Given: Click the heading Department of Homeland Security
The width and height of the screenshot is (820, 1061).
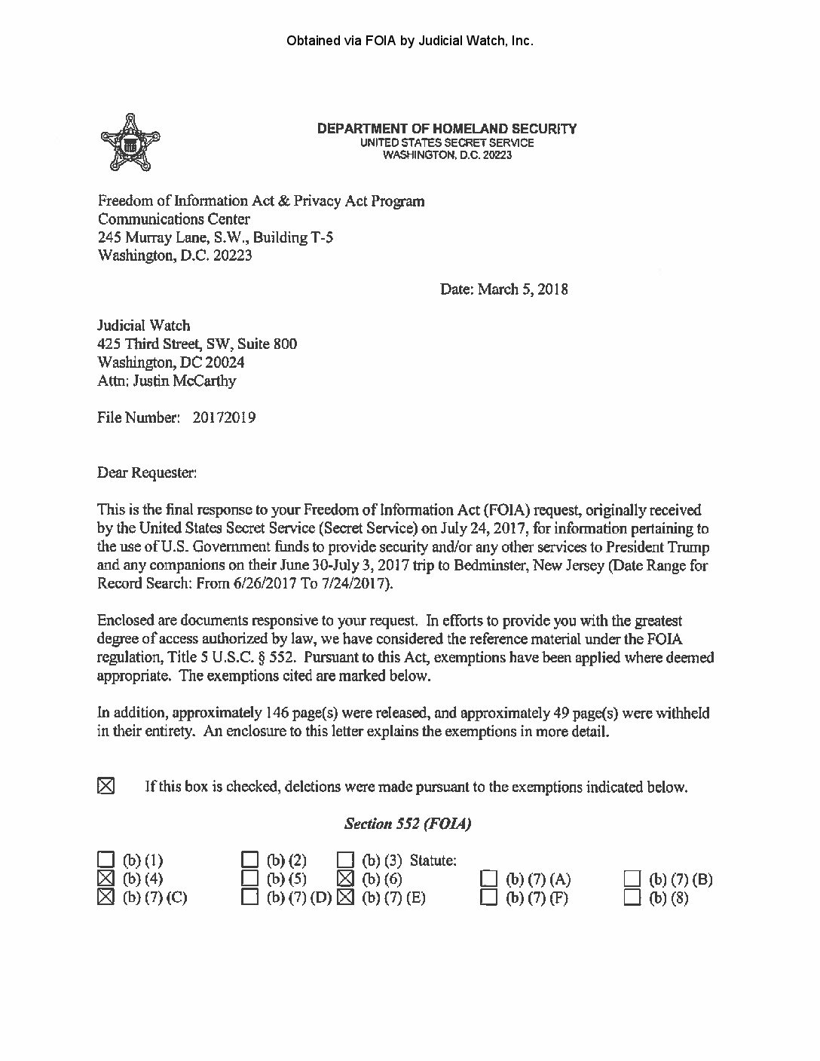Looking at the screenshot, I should [447, 129].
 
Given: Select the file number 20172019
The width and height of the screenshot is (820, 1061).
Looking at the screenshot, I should [224, 417].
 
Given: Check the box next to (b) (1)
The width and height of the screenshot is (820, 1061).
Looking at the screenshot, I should [106, 860].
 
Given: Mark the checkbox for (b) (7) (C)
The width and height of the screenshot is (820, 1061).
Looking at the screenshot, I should [106, 897].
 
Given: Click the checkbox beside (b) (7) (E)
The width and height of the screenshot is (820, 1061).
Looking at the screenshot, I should [345, 897].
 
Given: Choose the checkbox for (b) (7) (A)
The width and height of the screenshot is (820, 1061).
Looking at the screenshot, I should [490, 879].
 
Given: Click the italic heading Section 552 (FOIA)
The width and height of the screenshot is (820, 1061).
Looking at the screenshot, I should [408, 824].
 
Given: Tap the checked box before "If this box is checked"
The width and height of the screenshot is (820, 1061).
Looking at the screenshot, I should [106, 787].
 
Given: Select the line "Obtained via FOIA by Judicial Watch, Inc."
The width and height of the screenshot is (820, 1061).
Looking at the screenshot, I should [410, 41].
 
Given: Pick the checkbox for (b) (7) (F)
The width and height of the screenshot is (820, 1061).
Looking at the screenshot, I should [490, 897].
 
